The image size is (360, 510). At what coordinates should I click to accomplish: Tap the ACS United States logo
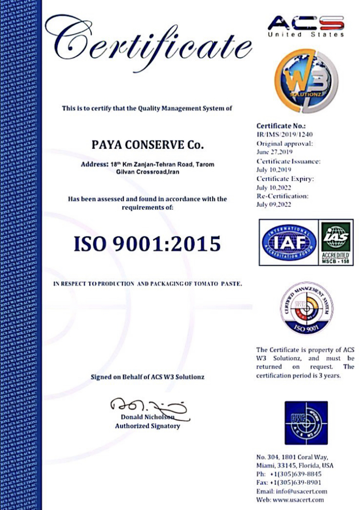(x=306, y=26)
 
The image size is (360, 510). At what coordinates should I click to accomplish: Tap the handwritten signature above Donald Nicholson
(x=150, y=405)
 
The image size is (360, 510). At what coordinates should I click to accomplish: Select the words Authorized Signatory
(x=147, y=426)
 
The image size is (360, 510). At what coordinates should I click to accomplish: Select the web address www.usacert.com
(x=302, y=500)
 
